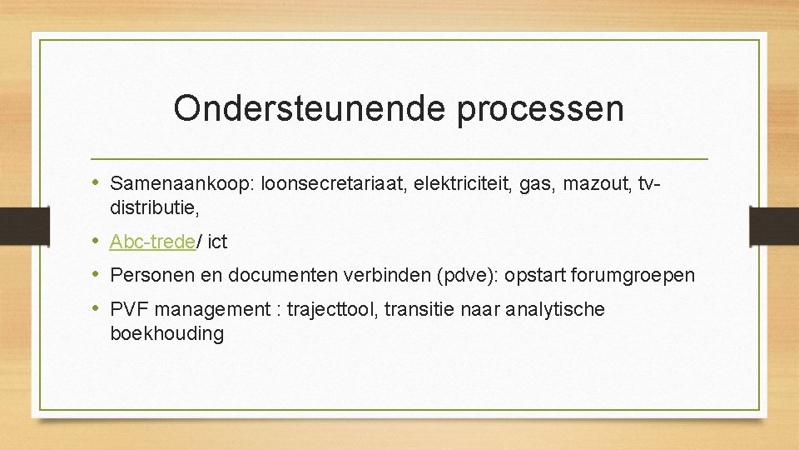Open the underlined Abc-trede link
(x=153, y=242)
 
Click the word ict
(x=217, y=242)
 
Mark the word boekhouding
(x=166, y=334)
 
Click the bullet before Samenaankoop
(x=97, y=182)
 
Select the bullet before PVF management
(x=97, y=308)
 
